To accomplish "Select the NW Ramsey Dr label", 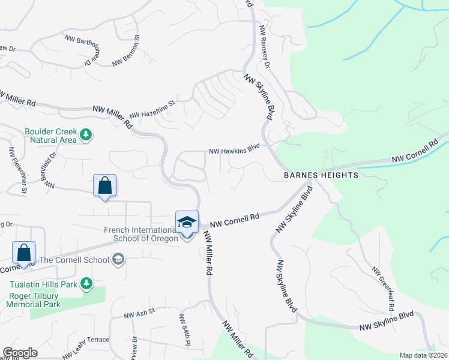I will click(x=265, y=47).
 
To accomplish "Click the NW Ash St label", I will click(x=139, y=312).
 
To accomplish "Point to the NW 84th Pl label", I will click(x=184, y=330).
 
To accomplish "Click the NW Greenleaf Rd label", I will click(x=383, y=289).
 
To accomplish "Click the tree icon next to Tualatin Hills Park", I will click(x=87, y=283).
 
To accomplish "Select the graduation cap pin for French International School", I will click(x=187, y=222).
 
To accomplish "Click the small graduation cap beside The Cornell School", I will click(x=118, y=259).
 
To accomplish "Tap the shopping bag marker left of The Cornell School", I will click(x=24, y=253).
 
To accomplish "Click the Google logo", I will click(x=20, y=353).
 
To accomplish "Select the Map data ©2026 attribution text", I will click(x=423, y=355).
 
